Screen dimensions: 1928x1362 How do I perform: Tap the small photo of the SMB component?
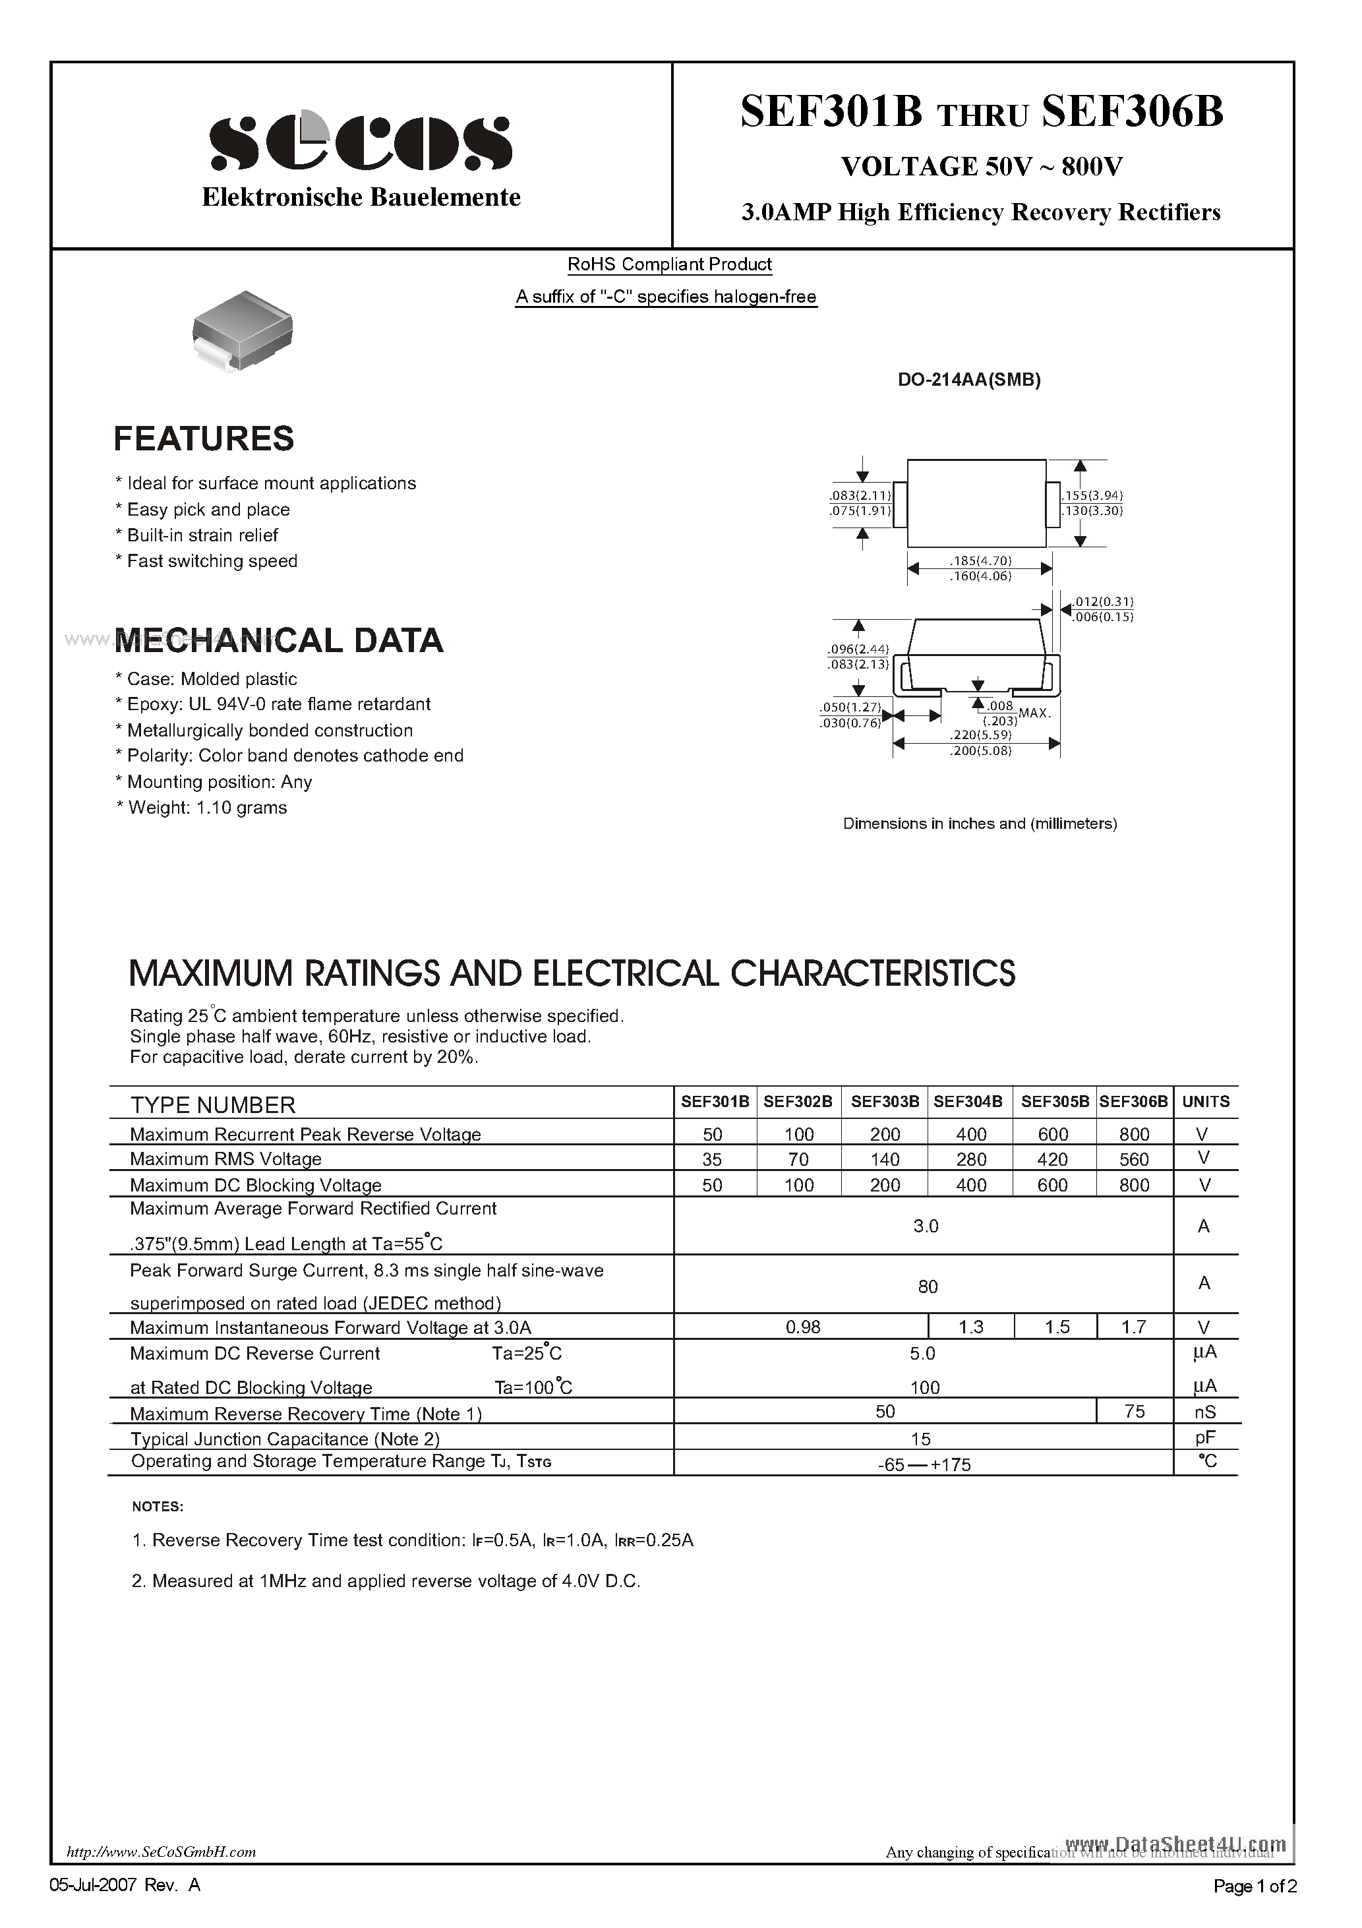(x=242, y=330)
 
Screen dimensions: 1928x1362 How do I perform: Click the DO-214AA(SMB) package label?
(x=969, y=380)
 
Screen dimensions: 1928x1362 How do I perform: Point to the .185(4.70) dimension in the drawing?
(x=980, y=560)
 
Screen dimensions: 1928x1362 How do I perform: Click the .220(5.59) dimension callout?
(x=980, y=735)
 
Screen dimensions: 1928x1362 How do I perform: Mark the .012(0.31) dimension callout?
(x=1104, y=601)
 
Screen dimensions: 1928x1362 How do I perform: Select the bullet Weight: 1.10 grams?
(x=206, y=808)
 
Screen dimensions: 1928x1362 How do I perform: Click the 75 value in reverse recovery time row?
(x=1134, y=1412)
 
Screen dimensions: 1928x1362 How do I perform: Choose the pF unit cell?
(x=1205, y=1437)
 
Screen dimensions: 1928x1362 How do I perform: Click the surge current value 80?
(x=927, y=1286)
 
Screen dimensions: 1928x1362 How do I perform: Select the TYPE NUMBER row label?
(x=212, y=1105)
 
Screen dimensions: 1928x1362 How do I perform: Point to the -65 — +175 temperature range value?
(x=924, y=1464)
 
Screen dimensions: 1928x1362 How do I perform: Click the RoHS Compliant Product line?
(x=669, y=264)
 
